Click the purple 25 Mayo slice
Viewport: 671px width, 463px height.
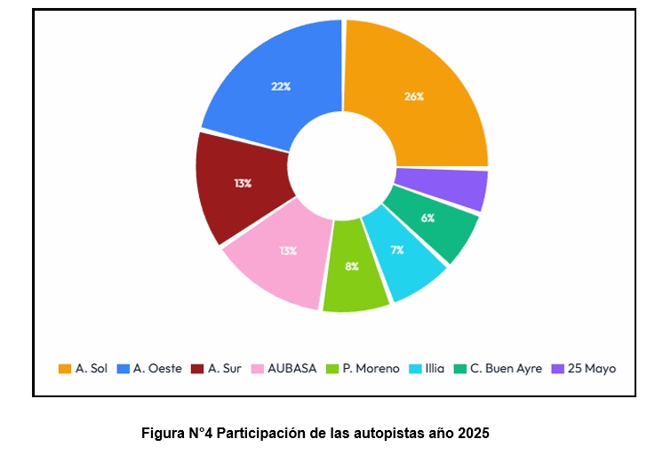point(458,188)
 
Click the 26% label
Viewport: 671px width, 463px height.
point(414,97)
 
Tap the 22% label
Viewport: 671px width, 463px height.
point(281,86)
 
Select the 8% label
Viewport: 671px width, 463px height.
point(352,266)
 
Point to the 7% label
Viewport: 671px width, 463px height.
point(396,250)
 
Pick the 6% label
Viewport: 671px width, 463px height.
point(427,218)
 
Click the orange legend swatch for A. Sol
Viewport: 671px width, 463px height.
point(64,368)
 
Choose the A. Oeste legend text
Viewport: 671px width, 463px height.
point(157,368)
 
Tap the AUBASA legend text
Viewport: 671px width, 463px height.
point(292,368)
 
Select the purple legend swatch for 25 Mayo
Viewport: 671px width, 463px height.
point(557,368)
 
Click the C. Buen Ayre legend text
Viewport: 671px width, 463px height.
point(506,368)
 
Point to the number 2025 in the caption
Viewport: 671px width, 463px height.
point(474,434)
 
